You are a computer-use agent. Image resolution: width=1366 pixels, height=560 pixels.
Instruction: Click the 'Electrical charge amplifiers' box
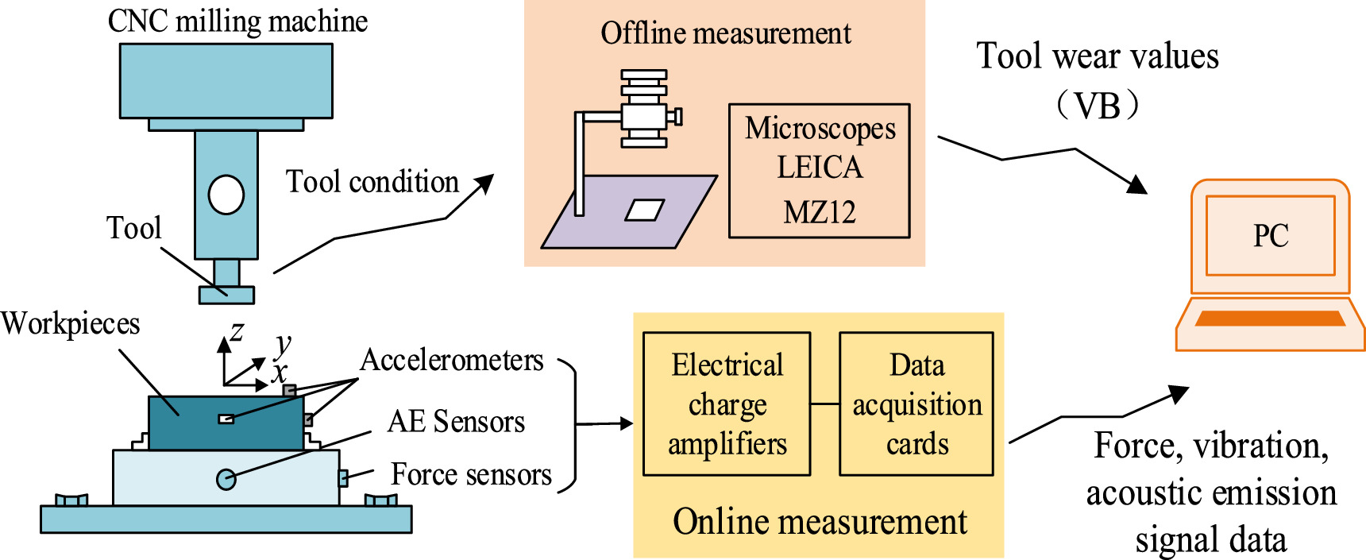pos(727,404)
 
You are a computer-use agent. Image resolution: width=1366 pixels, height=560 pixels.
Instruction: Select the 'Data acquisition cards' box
pos(916,404)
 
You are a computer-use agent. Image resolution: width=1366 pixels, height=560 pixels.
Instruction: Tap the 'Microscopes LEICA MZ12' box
pos(819,170)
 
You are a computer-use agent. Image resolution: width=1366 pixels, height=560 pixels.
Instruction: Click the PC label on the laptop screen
pos(1270,236)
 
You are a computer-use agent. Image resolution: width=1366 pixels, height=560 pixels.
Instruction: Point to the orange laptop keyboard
pos(1269,319)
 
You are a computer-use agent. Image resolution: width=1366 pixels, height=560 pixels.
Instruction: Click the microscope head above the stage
pos(644,110)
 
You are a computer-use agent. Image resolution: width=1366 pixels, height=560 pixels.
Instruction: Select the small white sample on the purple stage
pos(644,210)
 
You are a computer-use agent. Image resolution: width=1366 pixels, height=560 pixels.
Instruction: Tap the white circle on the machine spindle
pos(226,195)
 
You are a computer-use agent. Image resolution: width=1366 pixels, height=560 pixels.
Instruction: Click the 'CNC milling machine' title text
pos(237,21)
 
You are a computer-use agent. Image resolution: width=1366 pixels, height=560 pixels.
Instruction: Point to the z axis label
pos(237,331)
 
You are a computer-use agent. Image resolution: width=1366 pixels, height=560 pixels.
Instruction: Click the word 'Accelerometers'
pos(452,360)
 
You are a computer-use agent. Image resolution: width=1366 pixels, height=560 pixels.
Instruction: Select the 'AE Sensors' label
pos(456,421)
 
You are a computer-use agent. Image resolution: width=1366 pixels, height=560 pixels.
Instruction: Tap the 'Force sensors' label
pos(471,474)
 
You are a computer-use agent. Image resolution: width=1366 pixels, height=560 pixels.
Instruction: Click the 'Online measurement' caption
pos(819,522)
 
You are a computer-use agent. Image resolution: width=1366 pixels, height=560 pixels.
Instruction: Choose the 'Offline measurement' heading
pos(725,33)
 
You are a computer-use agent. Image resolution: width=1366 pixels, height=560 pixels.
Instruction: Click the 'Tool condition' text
pos(372,182)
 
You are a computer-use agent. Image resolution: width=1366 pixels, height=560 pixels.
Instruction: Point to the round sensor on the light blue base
pos(226,479)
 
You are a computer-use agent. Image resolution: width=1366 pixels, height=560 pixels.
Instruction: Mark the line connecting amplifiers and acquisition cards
pos(824,404)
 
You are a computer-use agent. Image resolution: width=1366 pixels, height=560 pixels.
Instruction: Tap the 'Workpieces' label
pos(70,323)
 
